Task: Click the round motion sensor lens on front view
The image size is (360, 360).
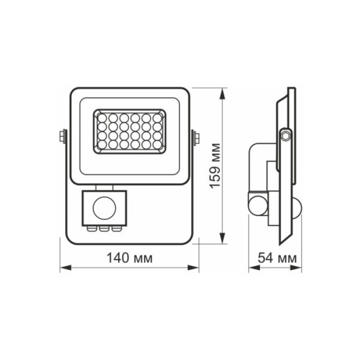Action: click(x=102, y=208)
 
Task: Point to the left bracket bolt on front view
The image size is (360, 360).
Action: click(x=62, y=136)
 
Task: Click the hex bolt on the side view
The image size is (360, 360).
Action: click(x=285, y=135)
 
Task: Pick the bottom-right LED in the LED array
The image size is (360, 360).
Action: click(x=156, y=146)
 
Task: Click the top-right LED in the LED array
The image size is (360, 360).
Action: click(x=156, y=118)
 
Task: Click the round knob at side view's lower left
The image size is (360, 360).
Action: click(x=254, y=203)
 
